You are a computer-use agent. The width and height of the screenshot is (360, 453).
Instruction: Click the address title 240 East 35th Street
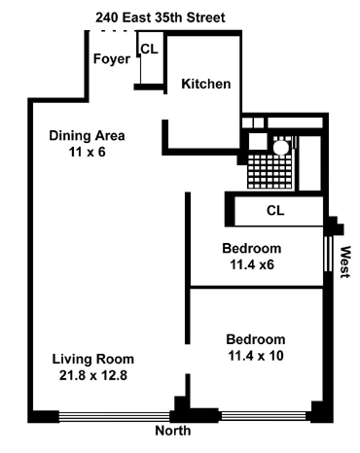[x=161, y=17]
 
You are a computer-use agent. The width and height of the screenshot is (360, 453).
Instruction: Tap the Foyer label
[x=112, y=59]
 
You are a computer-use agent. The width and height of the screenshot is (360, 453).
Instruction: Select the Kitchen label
[x=206, y=84]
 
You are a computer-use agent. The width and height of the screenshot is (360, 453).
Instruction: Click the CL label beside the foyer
[x=150, y=49]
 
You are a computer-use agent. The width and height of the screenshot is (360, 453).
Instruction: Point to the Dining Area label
[x=87, y=135]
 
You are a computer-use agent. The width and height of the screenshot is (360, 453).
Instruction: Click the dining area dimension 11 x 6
[x=88, y=152]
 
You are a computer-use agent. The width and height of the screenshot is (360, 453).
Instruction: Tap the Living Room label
[x=93, y=359]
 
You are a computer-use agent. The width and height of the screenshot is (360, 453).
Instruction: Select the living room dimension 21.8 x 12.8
[x=93, y=375]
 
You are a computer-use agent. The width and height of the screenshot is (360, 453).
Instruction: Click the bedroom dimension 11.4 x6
[x=252, y=264]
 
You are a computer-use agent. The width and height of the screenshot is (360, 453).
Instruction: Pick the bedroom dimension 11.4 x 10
[x=256, y=356]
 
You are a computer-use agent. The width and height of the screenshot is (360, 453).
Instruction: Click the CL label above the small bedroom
[x=275, y=211]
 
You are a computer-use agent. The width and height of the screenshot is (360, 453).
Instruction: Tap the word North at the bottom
[x=173, y=431]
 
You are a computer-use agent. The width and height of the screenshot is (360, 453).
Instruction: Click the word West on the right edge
[x=345, y=261]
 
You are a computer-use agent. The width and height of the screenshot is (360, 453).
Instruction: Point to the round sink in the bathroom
[x=280, y=148]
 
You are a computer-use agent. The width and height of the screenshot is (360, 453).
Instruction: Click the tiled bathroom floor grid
[x=270, y=171]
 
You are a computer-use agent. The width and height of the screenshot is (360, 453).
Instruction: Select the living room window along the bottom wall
[x=115, y=416]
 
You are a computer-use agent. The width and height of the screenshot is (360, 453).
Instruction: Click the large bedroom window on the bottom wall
[x=263, y=416]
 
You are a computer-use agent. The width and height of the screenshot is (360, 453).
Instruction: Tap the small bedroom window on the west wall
[x=329, y=254]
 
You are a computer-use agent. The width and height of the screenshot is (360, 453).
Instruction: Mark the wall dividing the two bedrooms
[x=257, y=287]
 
